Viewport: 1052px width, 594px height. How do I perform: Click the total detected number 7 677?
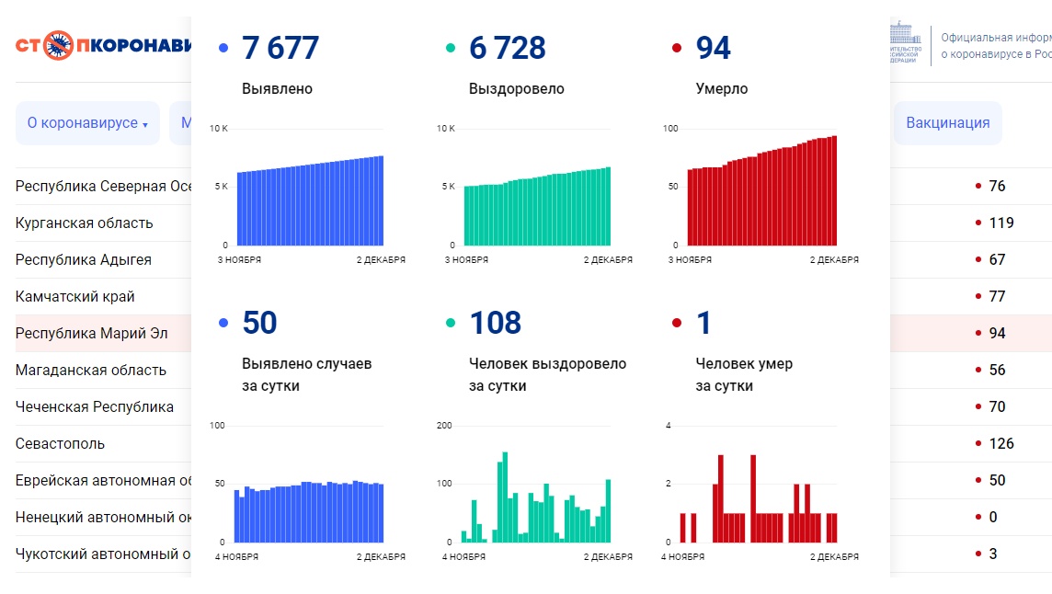pos(280,48)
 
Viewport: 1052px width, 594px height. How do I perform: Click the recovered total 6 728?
pos(507,48)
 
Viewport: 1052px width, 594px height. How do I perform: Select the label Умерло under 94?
pos(722,89)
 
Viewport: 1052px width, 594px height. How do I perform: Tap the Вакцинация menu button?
pos(947,123)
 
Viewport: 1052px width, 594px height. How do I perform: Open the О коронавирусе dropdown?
pos(87,123)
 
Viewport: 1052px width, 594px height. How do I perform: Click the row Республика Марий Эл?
pos(92,333)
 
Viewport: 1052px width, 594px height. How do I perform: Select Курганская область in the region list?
pos(85,223)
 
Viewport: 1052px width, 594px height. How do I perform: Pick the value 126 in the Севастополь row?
pos(1001,443)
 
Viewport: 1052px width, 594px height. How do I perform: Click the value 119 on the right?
pos(1001,223)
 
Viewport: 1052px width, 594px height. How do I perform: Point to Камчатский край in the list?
pos(75,296)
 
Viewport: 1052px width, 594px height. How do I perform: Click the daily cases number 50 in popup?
pos(259,324)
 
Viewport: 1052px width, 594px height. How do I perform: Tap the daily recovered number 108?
pos(495,324)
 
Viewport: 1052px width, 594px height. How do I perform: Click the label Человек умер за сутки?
pos(744,374)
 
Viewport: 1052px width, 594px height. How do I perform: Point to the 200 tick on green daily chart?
pos(444,426)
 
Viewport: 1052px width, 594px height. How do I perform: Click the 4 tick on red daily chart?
pos(669,426)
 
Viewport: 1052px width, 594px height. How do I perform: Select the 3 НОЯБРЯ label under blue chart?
pos(239,260)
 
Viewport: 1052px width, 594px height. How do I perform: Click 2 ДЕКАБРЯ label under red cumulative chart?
pos(834,260)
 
